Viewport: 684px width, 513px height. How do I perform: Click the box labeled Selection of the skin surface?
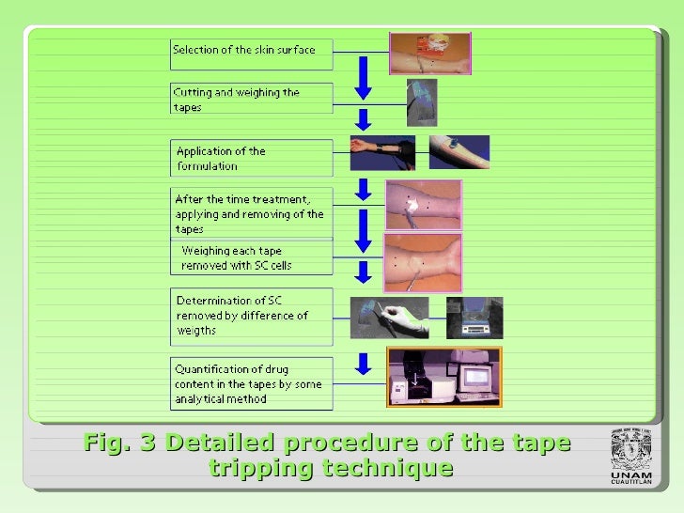pos(251,54)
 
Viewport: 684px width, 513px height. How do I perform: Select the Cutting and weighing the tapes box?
pos(251,99)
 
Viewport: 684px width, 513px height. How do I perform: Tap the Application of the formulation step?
pos(251,158)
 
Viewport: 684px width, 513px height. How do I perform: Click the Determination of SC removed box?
pos(251,316)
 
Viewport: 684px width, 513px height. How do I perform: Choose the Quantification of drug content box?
pos(251,383)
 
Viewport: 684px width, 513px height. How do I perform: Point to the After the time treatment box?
pos(251,213)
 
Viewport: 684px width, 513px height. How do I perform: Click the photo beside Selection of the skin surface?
pos(429,54)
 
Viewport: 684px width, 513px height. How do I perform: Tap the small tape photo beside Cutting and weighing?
pos(421,101)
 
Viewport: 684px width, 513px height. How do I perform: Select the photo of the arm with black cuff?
pos(382,152)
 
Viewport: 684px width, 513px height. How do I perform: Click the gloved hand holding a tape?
pos(389,318)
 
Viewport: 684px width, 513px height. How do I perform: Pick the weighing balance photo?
pos(474,318)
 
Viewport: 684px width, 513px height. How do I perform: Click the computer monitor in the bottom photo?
pos(474,374)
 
